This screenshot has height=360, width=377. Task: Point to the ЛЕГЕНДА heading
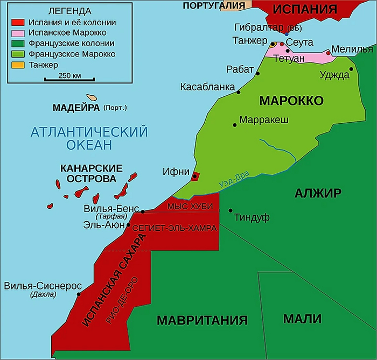coord(69,11)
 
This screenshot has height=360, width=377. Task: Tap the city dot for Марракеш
coord(235,125)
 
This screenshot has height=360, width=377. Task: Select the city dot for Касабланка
coord(238,92)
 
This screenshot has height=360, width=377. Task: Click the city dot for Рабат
coord(258,73)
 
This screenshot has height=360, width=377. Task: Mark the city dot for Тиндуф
coord(231,210)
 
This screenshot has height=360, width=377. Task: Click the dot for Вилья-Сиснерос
coord(79,294)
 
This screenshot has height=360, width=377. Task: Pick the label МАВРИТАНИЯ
coord(202,321)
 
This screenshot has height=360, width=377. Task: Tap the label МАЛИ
coord(302,319)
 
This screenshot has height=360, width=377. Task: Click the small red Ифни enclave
coord(196,175)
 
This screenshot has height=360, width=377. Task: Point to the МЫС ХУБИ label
coord(190,207)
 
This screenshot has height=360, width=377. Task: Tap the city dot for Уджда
coord(351,69)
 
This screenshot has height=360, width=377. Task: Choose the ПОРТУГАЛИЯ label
coord(212,5)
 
